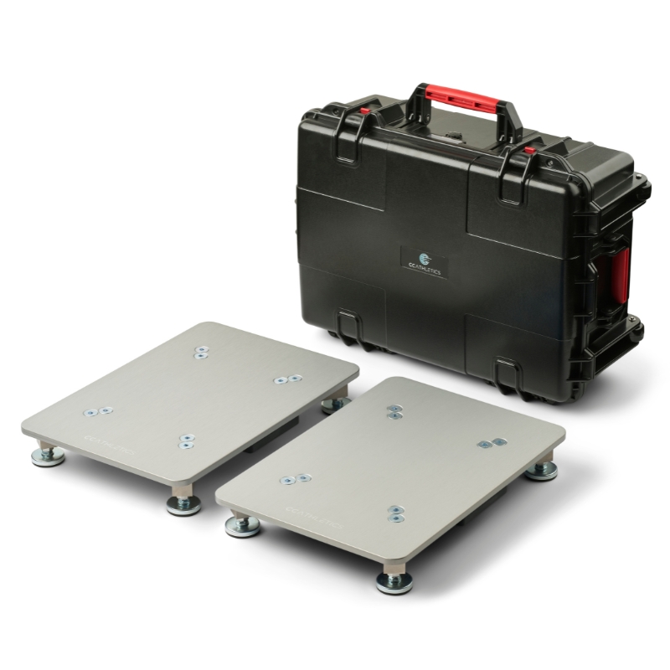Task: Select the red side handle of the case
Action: (621, 273)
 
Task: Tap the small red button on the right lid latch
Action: (529, 152)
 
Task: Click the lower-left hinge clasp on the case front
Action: (350, 322)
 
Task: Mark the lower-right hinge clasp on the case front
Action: (508, 372)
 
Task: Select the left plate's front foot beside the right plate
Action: (183, 503)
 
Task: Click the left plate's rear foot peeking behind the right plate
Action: (335, 405)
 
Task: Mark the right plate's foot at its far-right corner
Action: (541, 470)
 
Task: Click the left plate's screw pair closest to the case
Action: (200, 354)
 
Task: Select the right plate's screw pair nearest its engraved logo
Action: (294, 480)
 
